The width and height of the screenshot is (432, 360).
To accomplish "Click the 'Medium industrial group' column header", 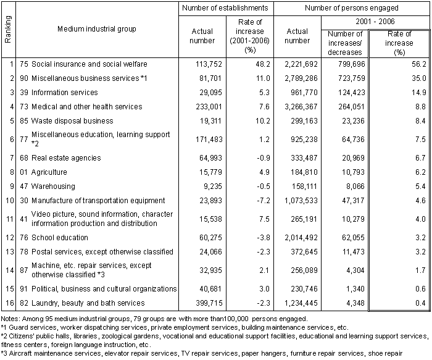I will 97,29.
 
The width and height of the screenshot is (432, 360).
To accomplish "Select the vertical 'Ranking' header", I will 8,29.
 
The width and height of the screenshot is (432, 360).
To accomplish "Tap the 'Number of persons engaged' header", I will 352,8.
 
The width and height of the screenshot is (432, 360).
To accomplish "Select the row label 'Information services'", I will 64,92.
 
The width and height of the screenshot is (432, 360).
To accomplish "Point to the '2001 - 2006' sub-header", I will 376,22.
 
